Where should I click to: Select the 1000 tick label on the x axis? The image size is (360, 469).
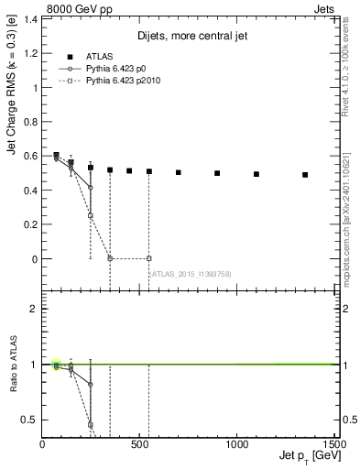tap(238, 443)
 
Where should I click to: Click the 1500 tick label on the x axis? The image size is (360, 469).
tap(334, 443)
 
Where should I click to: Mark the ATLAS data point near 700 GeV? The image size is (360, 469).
tap(178, 172)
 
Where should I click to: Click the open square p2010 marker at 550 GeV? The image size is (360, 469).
tap(148, 258)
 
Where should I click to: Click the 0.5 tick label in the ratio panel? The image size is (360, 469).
tap(31, 420)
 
